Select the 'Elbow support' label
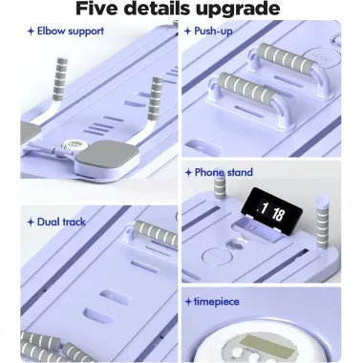tap(71, 32)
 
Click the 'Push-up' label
tap(213, 32)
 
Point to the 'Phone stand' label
tap(224, 172)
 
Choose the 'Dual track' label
tap(61, 222)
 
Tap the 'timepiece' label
tap(217, 302)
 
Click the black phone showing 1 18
tap(271, 212)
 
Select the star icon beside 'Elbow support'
tap(31, 32)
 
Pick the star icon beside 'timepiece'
tap(188, 302)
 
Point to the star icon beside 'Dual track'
tap(31, 223)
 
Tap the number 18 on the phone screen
tap(278, 215)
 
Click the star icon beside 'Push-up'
tap(188, 32)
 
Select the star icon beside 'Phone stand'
tap(188, 173)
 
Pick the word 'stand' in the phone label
tap(239, 172)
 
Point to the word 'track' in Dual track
tap(72, 222)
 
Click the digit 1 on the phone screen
tap(264, 208)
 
